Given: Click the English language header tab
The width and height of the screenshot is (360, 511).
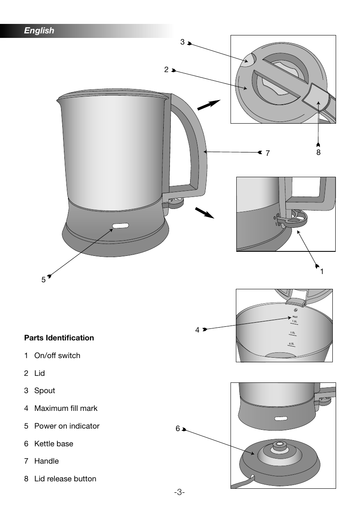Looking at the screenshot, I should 39,30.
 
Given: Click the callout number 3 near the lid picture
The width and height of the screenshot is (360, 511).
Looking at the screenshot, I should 182,42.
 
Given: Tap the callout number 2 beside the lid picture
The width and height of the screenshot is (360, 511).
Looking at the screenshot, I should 166,70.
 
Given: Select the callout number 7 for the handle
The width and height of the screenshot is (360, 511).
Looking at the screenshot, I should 268,153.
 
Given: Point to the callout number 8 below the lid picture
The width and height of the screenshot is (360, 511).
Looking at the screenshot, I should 318,152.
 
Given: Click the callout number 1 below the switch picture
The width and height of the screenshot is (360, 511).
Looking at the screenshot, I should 322,272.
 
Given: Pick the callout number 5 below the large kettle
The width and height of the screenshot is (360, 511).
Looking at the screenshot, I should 43,279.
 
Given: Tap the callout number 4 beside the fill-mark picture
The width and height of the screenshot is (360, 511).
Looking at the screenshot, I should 198,330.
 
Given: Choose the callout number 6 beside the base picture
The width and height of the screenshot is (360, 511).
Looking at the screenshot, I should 177,429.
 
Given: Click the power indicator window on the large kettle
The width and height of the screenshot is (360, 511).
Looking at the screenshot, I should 120,226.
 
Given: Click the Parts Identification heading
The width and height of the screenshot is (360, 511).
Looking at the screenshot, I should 59,338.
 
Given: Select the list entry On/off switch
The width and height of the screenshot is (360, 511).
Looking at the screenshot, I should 57,356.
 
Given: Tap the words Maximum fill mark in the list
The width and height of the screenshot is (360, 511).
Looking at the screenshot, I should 66,408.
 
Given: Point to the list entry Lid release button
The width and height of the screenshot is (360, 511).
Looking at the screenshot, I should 65,479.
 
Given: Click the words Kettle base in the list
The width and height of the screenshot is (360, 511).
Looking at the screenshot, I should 54,444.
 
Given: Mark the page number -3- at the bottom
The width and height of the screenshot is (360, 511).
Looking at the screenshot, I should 179,492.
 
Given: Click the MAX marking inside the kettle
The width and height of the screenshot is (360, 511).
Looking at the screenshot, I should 295,316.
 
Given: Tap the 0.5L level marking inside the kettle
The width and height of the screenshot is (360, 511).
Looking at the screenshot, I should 292,344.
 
